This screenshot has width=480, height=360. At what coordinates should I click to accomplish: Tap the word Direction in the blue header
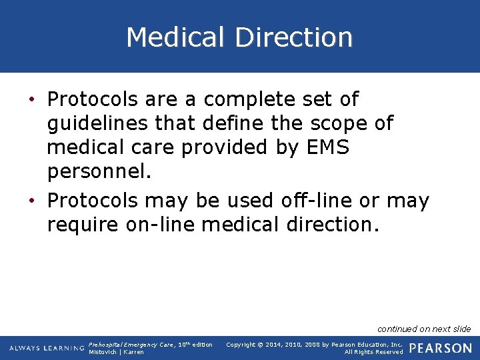click(293, 37)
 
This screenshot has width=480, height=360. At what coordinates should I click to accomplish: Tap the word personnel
click(99, 173)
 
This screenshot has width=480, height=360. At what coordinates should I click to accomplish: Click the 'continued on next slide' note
click(423, 329)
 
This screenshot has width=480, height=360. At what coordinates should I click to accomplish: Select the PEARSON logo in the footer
click(441, 348)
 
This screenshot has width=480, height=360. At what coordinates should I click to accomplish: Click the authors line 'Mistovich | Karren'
click(116, 352)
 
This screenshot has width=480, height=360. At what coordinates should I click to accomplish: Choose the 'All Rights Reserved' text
click(373, 352)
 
